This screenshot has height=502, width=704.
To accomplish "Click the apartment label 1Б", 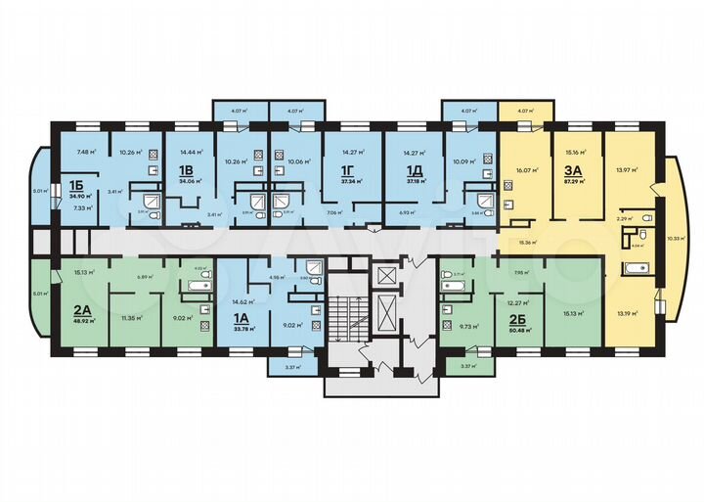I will click(75, 184).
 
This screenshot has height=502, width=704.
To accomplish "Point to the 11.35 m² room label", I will click(130, 318).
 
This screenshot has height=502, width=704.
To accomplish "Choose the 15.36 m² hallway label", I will click(530, 242).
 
